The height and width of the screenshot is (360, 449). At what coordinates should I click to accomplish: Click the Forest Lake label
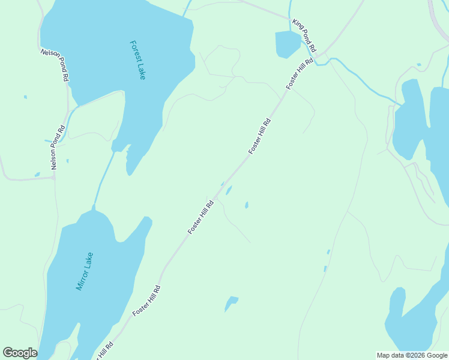click(x=137, y=60)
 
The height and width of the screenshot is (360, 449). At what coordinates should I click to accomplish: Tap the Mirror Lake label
click(x=85, y=271)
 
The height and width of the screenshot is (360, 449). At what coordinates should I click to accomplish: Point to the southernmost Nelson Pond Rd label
click(x=58, y=147)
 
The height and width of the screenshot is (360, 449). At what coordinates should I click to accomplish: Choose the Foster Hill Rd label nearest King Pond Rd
click(x=300, y=74)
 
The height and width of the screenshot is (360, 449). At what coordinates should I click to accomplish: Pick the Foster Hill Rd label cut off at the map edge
click(x=103, y=352)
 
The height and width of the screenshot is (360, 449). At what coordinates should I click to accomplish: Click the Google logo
click(x=20, y=353)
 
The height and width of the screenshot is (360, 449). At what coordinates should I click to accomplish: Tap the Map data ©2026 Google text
click(x=412, y=355)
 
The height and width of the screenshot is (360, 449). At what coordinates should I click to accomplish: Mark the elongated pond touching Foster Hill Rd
click(x=229, y=191)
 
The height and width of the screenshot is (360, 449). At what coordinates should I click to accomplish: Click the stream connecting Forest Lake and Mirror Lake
click(x=103, y=180)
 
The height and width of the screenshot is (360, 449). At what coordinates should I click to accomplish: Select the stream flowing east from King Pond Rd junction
click(x=360, y=78)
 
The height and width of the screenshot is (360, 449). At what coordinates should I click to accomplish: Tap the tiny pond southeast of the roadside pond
click(x=247, y=205)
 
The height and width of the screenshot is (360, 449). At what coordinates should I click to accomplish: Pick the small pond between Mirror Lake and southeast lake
click(x=231, y=302)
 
